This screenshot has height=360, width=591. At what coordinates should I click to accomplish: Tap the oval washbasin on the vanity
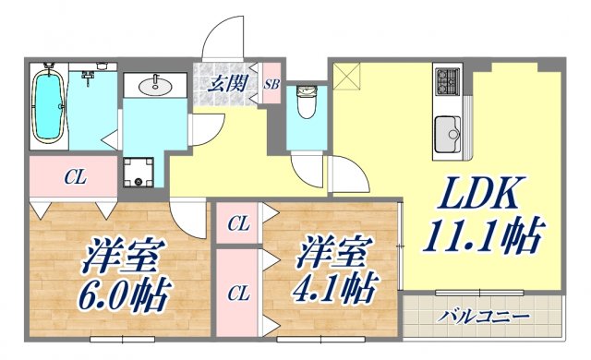coord(152,87)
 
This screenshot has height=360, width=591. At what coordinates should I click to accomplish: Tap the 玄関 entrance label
coord(226,84)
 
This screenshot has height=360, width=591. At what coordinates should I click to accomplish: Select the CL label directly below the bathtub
coord(75,177)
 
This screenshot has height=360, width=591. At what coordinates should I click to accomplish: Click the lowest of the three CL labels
coord(238,294)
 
